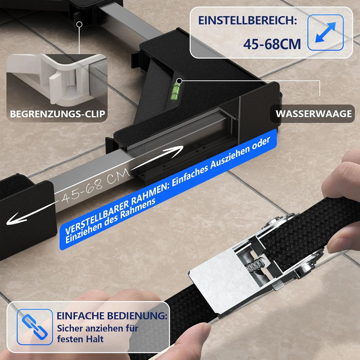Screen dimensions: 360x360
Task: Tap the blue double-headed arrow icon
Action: click(x=325, y=32)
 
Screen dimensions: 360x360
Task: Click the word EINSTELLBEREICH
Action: click(x=247, y=20)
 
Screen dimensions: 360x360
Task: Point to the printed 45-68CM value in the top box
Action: click(x=272, y=44)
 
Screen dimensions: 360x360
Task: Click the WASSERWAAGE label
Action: click(x=314, y=114)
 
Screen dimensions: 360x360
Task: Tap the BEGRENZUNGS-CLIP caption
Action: click(x=58, y=114)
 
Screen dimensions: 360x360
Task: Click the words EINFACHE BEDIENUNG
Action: click(x=112, y=316)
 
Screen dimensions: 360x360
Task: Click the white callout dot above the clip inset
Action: click(x=79, y=24)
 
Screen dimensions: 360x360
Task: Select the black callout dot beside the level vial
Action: click(x=179, y=81)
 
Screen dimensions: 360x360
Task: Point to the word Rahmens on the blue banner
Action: click(x=137, y=207)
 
